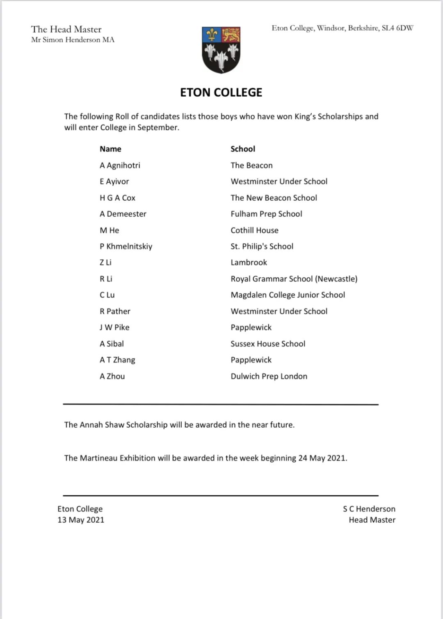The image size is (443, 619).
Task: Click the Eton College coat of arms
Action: (221, 50)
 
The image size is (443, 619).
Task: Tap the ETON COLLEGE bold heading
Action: (221, 93)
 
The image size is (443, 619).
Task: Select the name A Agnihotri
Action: (120, 166)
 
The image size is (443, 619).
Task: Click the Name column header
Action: (110, 149)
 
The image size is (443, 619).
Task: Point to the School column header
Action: (243, 149)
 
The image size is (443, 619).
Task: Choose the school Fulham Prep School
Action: (266, 214)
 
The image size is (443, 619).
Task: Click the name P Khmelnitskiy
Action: (126, 247)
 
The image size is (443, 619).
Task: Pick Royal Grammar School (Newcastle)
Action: (294, 279)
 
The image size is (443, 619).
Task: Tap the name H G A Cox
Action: (117, 198)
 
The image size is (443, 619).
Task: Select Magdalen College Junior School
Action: (288, 295)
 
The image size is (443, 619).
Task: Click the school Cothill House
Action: (254, 230)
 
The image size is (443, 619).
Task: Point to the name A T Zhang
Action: (117, 360)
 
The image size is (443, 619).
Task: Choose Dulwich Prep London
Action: (269, 376)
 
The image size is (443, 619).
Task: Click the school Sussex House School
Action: (268, 344)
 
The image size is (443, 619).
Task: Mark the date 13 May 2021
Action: (81, 520)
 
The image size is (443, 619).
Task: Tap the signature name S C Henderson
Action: (369, 509)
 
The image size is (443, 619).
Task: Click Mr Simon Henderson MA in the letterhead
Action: (73, 40)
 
